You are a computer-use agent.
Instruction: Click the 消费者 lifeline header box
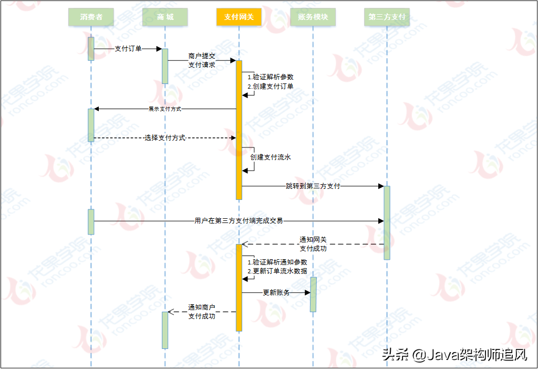[91, 17]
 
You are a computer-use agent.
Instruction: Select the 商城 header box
[165, 17]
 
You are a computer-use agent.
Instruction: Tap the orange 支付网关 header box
[239, 17]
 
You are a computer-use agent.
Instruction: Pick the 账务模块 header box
[313, 17]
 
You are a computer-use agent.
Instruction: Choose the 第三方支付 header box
[387, 17]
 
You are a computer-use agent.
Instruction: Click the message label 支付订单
[128, 48]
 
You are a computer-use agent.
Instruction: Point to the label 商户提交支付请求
[202, 60]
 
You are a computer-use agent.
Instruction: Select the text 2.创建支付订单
[271, 86]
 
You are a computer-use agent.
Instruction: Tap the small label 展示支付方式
[165, 109]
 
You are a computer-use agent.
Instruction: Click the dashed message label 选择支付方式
[165, 137]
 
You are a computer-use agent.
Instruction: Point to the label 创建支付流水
[271, 157]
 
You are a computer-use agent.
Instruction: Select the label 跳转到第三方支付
[313, 186]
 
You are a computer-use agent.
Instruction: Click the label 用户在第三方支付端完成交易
[239, 221]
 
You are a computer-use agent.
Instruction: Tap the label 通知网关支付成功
[313, 243]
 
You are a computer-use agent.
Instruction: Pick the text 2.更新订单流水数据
[277, 271]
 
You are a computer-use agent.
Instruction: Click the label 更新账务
[276, 292]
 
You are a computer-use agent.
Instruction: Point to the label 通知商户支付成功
[202, 312]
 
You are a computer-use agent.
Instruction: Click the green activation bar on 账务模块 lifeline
[313, 294]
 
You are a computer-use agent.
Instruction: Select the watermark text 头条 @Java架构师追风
[454, 355]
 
